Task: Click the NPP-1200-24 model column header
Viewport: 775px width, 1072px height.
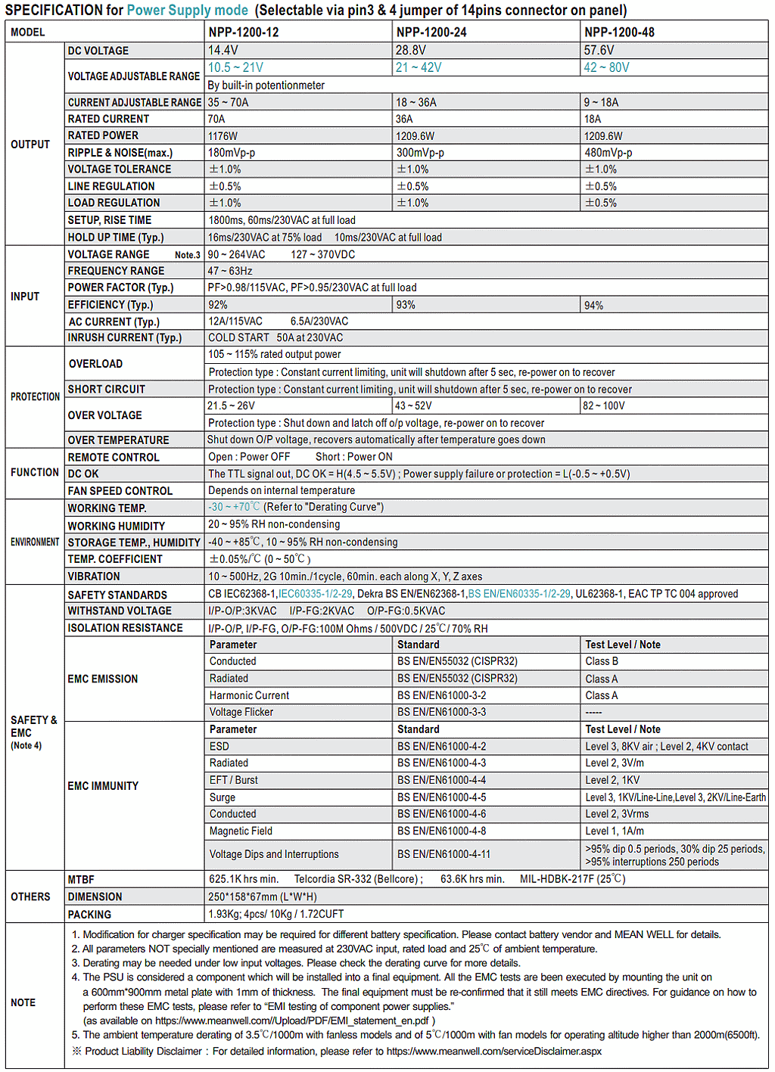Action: (x=431, y=33)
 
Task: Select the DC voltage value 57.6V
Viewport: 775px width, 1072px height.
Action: (x=599, y=50)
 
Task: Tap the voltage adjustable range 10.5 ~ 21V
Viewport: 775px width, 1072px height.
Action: (x=235, y=67)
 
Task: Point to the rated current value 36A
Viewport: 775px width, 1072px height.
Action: (x=404, y=119)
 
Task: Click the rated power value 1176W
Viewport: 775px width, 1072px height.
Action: (x=223, y=136)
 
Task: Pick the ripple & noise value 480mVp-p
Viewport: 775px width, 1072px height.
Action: (x=608, y=153)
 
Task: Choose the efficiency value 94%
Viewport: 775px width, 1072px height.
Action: (x=593, y=305)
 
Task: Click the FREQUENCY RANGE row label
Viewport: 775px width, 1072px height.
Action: (x=116, y=271)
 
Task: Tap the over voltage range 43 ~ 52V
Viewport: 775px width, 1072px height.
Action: (x=413, y=405)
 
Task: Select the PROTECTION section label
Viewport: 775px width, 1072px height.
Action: (x=35, y=396)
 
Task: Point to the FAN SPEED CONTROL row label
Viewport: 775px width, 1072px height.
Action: (x=120, y=491)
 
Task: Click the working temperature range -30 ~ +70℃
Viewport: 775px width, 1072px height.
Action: (x=234, y=507)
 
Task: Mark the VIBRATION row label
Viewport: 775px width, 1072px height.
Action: (x=94, y=576)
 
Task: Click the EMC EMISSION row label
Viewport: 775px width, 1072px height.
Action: (x=103, y=679)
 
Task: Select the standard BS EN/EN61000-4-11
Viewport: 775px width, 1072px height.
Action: (x=444, y=854)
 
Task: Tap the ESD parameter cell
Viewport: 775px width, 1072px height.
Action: (x=219, y=747)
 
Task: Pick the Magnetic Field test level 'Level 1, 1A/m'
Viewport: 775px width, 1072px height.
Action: (x=615, y=831)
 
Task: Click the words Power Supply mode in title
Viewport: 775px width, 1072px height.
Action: (x=187, y=10)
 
